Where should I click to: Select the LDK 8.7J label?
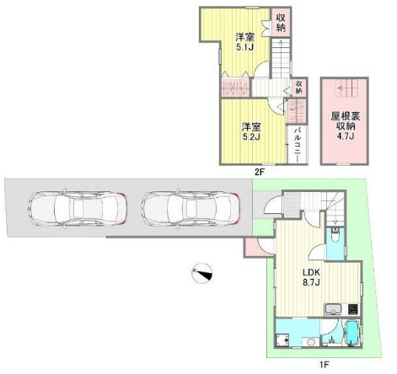311,277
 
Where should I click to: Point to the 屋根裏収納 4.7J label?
345,126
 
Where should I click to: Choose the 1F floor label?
324,365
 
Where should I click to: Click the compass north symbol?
202,274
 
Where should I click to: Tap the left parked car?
78,209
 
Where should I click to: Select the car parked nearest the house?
190,209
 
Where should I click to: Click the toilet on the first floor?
335,235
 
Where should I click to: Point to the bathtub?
352,333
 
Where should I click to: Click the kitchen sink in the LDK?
333,309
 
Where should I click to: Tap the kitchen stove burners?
353,309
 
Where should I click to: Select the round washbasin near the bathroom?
311,342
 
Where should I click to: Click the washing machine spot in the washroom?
283,340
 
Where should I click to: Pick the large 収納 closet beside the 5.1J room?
281,22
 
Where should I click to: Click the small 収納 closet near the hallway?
299,87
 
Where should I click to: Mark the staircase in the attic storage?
346,88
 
